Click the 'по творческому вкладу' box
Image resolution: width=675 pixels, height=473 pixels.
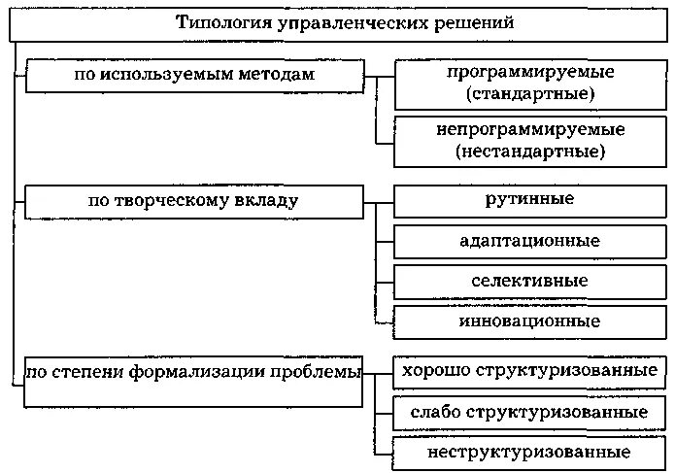(195, 201)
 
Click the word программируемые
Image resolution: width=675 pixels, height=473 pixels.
(530, 74)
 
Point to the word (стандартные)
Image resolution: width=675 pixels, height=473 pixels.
(530, 94)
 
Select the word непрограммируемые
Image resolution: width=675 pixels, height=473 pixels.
(530, 129)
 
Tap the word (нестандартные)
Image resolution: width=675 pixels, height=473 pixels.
(530, 151)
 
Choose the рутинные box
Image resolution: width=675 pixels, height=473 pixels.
(530, 200)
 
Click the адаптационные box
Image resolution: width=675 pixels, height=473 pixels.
(530, 240)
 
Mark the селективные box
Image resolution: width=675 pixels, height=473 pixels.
(530, 281)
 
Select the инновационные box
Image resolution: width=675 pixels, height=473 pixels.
(530, 321)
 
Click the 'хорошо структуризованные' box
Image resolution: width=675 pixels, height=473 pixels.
(530, 371)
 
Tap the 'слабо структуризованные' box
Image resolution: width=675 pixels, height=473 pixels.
(530, 412)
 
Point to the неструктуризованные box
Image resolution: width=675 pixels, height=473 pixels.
(530, 453)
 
